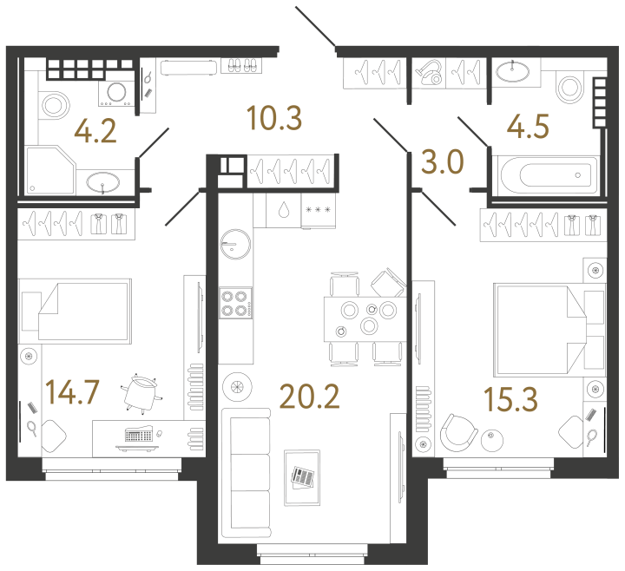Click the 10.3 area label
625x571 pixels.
274,118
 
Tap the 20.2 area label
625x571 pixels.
309,397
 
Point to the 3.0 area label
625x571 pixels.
443,161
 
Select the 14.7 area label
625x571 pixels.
72,392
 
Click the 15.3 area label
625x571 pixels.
510,399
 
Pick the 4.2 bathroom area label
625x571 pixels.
95,131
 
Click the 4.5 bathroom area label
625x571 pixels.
528,127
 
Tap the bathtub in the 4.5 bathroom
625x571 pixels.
546,175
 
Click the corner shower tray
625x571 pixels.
50,170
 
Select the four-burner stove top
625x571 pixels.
235,303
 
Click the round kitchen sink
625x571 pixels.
235,244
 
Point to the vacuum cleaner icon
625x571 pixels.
429,73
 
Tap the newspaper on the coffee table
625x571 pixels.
303,477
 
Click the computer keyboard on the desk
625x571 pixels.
138,434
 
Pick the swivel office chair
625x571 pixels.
141,393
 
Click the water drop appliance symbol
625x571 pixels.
283,210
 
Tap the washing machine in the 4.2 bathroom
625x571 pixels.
117,93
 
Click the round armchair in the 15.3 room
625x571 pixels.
458,433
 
